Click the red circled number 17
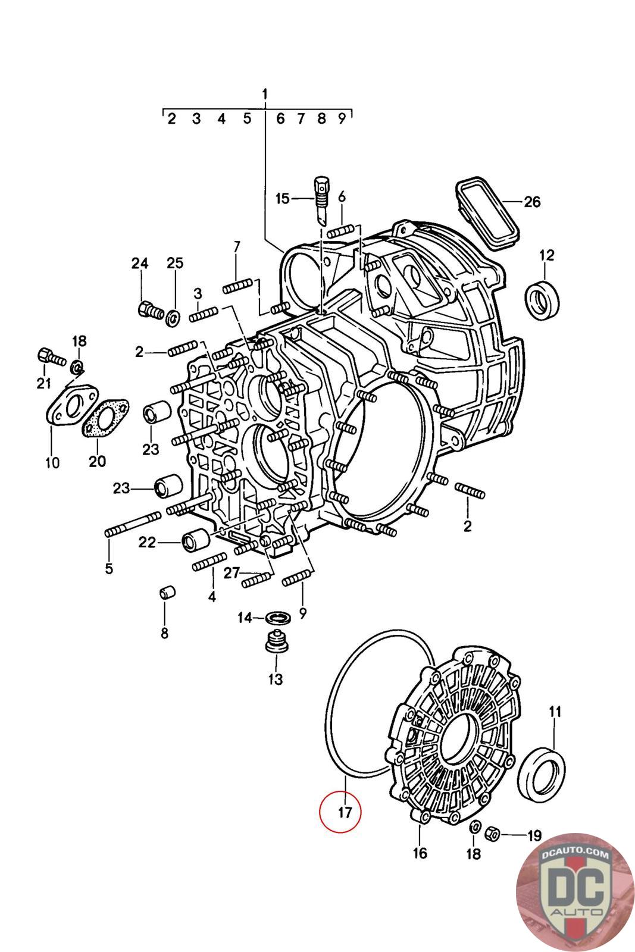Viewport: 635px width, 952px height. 340,812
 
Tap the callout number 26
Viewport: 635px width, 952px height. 531,202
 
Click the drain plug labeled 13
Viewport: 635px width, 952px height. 275,643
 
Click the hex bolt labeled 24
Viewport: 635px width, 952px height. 149,310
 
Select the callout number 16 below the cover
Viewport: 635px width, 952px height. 420,853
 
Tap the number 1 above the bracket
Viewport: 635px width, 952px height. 265,94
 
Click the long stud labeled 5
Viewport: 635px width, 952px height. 134,522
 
